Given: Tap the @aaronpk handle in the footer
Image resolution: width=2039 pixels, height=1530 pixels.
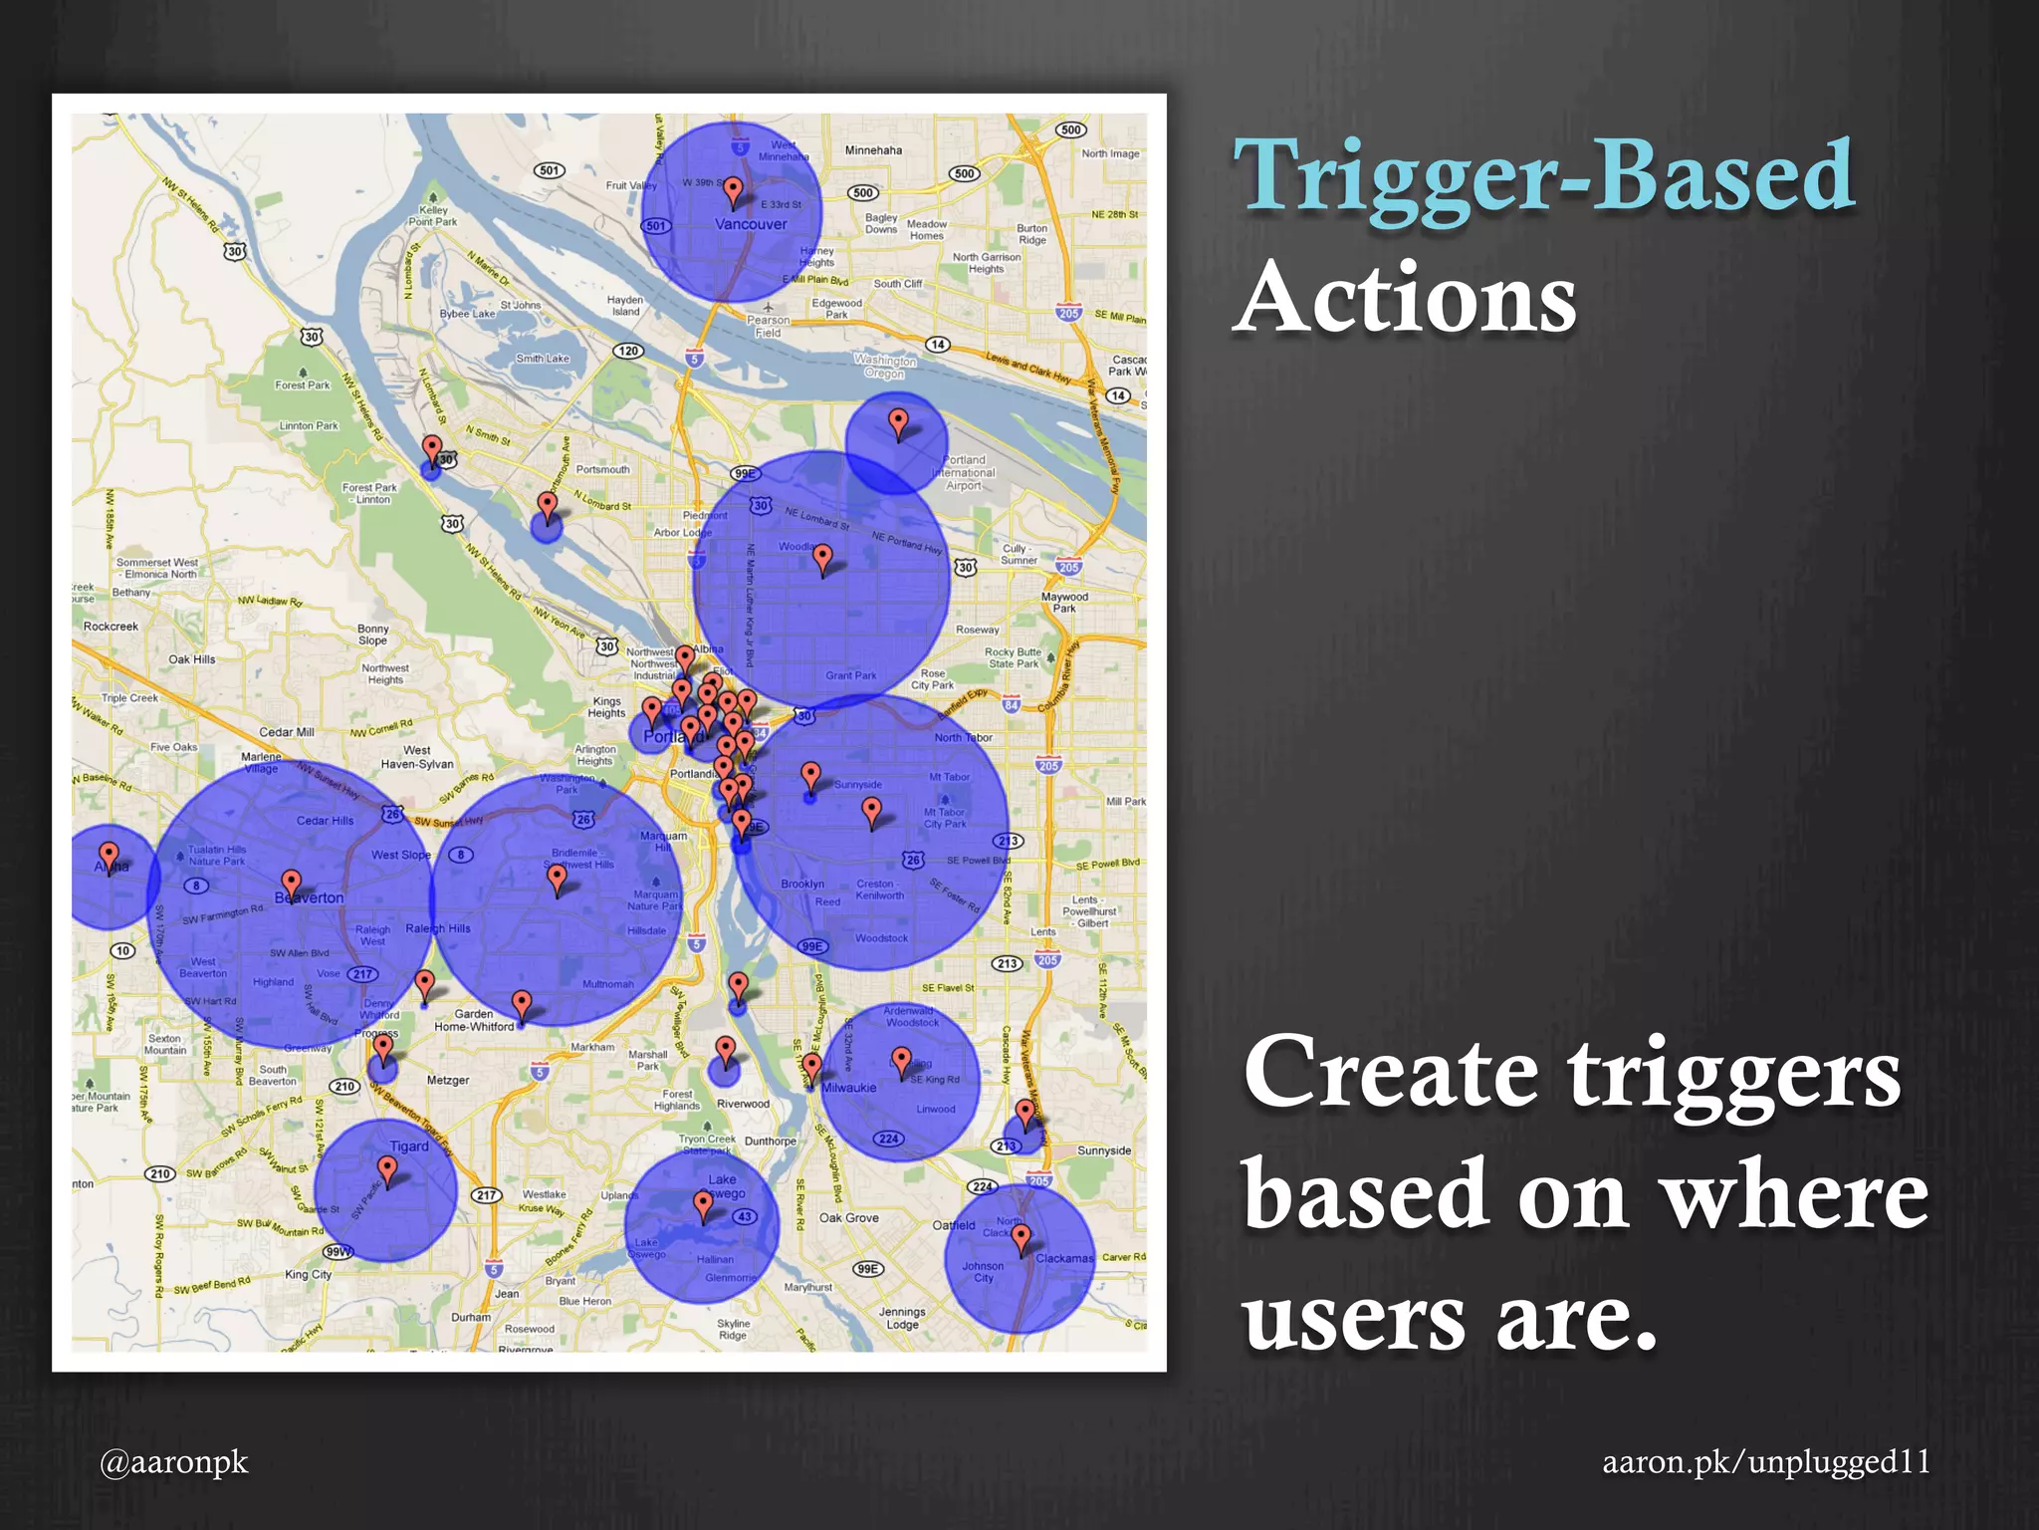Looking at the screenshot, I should click(174, 1461).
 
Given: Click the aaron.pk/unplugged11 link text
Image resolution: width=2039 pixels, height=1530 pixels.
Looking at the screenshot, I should click(1766, 1461).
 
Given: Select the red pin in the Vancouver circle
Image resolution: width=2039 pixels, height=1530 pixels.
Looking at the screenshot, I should click(734, 190).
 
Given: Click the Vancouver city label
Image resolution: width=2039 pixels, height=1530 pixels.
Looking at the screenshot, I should click(751, 224).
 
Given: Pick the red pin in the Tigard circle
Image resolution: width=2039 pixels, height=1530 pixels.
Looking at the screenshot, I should click(388, 1169).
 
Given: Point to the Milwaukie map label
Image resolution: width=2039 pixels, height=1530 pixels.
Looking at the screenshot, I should click(848, 1088).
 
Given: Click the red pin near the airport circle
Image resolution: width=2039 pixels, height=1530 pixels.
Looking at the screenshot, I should click(898, 422).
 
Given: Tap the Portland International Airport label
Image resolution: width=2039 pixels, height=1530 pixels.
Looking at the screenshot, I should click(964, 473).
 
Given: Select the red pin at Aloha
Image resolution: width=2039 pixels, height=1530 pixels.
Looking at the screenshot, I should click(110, 855).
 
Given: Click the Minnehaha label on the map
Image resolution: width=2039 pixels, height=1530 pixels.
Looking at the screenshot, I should click(873, 150).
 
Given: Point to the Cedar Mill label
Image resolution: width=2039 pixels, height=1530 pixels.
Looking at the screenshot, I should click(287, 732).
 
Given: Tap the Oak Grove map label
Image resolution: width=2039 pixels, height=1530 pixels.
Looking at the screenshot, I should click(848, 1217).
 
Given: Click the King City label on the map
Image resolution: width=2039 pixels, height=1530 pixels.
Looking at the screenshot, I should click(308, 1274).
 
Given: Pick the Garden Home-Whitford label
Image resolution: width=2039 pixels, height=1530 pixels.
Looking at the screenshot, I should click(474, 1020).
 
